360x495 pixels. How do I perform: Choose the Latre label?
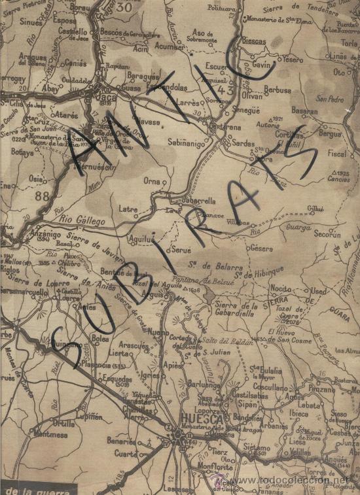tap(128, 211)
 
